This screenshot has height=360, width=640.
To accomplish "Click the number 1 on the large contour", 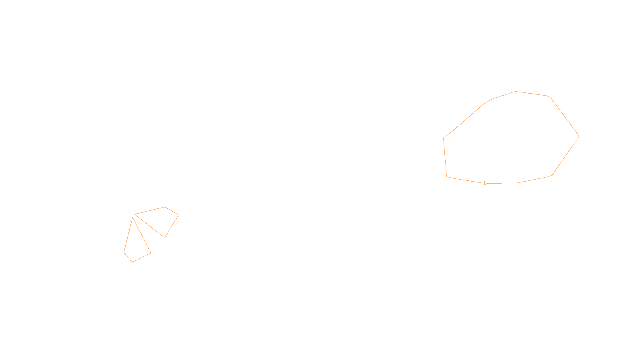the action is [484, 183].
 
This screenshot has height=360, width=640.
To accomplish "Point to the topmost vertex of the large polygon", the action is [516, 92].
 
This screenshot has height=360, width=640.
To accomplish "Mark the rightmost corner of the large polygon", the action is [579, 136].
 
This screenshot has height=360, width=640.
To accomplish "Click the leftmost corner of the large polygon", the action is [444, 138].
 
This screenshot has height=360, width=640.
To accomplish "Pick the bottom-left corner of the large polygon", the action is [447, 176].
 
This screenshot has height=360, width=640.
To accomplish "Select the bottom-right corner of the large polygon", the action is [552, 175].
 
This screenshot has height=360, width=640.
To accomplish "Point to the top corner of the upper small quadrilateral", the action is [165, 207].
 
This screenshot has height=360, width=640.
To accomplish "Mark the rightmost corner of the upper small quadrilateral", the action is [178, 215].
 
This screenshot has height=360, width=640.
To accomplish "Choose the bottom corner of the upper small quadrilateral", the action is [164, 238].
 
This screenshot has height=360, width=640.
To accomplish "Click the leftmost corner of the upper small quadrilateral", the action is [135, 214].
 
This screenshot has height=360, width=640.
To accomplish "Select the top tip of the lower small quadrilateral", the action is [132, 217].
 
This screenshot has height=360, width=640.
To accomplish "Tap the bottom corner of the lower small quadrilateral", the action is [132, 262].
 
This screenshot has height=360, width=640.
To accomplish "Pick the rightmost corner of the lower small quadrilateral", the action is [151, 253].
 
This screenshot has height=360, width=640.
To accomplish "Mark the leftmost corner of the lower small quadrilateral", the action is [124, 252].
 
